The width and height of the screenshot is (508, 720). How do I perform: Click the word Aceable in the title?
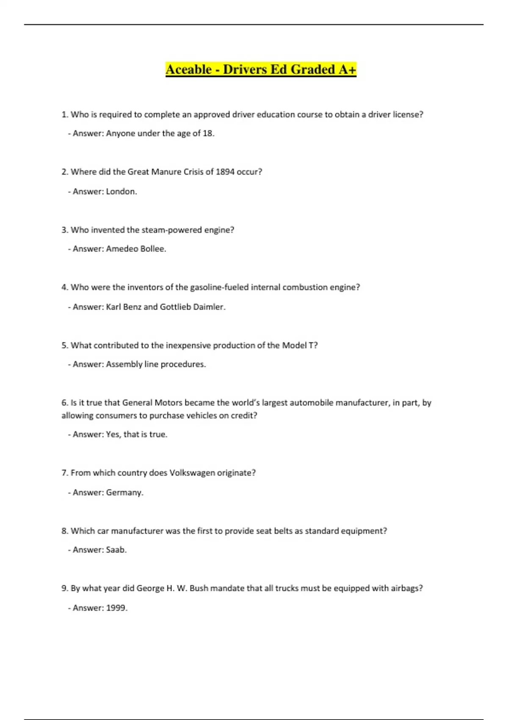[188, 69]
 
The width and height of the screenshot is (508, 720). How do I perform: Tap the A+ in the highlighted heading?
[347, 69]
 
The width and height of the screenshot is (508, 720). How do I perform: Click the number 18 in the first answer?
[207, 133]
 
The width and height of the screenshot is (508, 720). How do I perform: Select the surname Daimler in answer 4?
[209, 307]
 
